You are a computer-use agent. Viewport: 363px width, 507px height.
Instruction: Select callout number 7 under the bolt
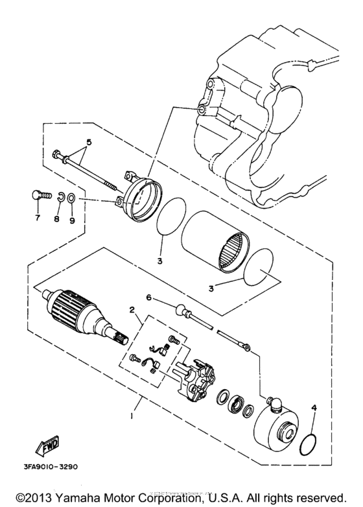point(37,218)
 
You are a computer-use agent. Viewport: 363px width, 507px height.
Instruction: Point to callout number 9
point(72,220)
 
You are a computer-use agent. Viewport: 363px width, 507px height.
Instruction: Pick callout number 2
point(134,311)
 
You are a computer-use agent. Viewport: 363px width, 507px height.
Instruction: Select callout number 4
point(314,408)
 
